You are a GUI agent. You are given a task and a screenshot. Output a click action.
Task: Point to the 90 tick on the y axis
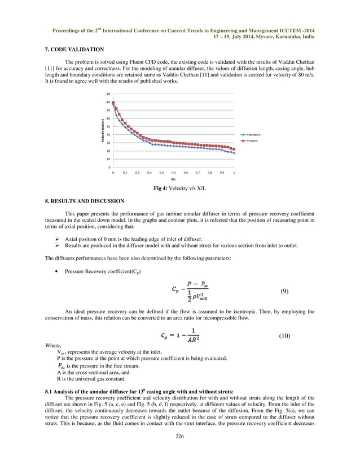pos(108,94)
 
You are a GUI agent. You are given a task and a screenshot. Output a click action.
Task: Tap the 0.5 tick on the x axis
pos(174,172)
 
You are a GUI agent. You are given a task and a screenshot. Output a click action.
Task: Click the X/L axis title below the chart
pos(173,178)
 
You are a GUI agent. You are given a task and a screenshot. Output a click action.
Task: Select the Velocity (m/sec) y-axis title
pos(102,130)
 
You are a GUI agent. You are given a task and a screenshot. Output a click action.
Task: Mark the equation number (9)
pos(284,291)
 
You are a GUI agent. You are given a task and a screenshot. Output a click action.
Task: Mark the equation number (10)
pos(284,336)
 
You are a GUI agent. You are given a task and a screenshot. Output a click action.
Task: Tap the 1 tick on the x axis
pos(234,172)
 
